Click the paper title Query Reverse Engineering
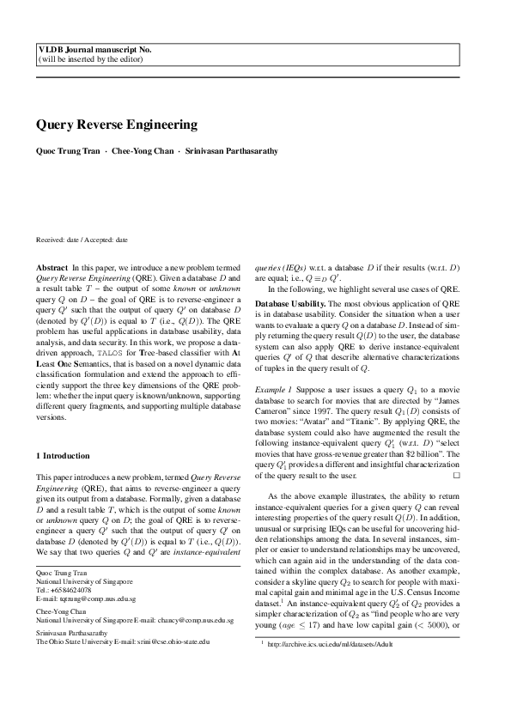117,125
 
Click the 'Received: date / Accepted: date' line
82,240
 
